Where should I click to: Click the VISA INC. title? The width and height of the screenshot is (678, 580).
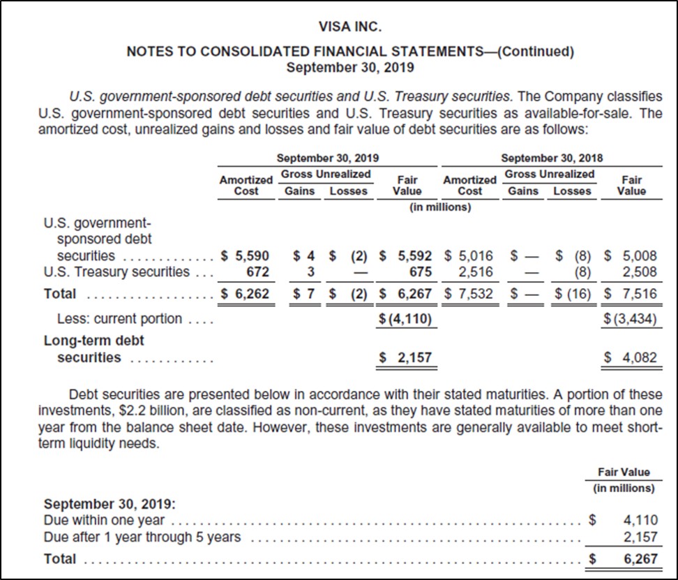pos(350,28)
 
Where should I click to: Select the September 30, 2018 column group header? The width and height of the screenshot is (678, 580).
pos(552,158)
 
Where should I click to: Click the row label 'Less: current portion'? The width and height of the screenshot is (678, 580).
pos(119,319)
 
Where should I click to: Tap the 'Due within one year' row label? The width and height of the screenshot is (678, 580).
pos(104,519)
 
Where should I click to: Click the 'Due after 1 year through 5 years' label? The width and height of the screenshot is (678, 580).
pos(142,537)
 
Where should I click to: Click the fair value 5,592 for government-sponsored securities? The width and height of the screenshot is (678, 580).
pos(415,255)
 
